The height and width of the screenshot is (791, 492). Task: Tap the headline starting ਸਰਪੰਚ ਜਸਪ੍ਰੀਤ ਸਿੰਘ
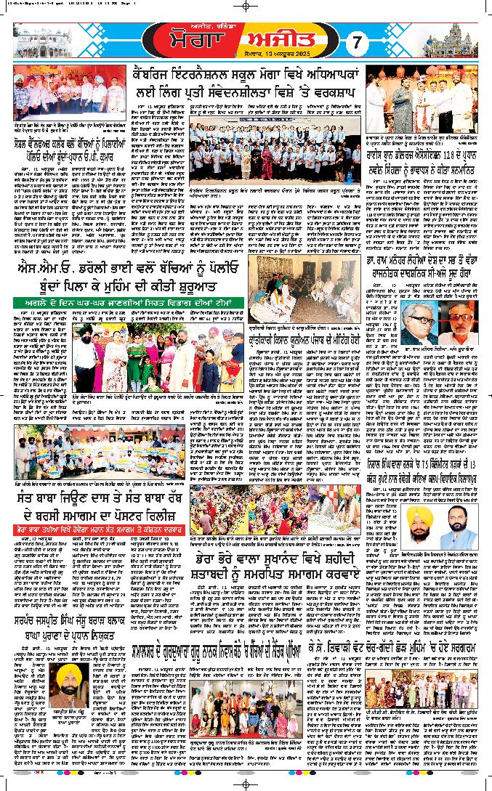click(92, 643)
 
